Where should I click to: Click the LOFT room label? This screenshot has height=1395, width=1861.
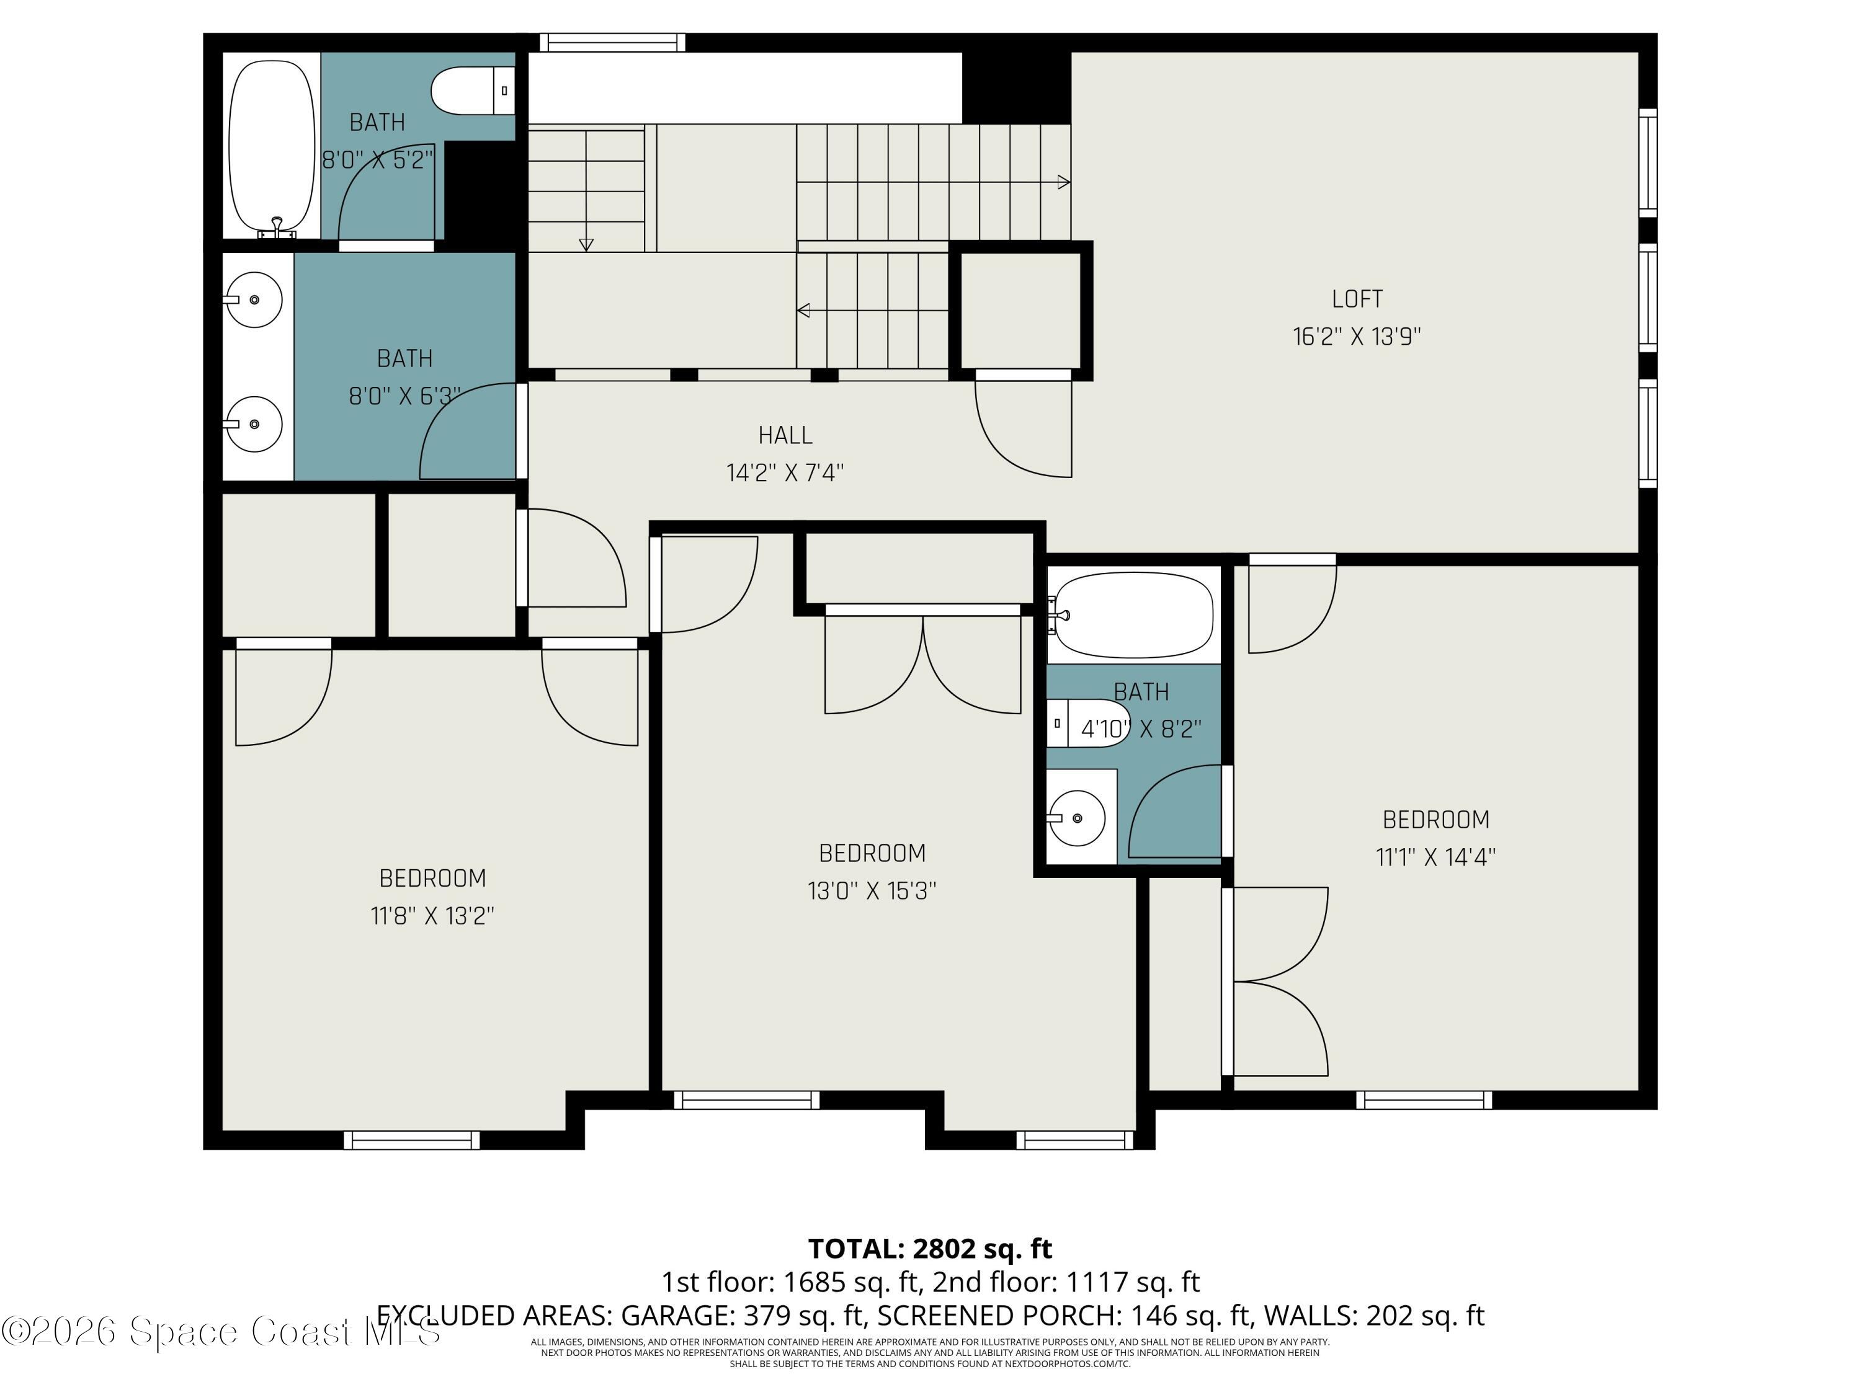pos(1356,298)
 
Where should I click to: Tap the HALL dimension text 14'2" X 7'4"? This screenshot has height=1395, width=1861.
pos(785,472)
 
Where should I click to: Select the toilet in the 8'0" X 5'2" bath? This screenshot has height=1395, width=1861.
pos(471,91)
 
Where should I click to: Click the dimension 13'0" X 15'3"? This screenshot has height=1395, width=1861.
pos(872,890)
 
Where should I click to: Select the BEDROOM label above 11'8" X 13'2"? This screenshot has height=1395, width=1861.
pos(432,879)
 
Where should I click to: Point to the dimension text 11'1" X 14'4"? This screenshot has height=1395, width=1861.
pos(1435,857)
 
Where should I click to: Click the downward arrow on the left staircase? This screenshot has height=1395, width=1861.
pos(586,244)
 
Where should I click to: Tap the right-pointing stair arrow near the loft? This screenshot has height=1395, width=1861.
pos(1063,182)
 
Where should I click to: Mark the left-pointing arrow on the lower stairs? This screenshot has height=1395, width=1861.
pos(803,310)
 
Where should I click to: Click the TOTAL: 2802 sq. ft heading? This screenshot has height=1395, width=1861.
pos(930,1248)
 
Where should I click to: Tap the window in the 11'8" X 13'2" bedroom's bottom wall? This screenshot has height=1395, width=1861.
pos(411,1140)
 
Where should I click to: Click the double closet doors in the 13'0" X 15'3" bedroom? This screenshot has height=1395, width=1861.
pos(923,664)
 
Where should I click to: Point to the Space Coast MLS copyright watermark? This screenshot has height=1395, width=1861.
pos(220,1331)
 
